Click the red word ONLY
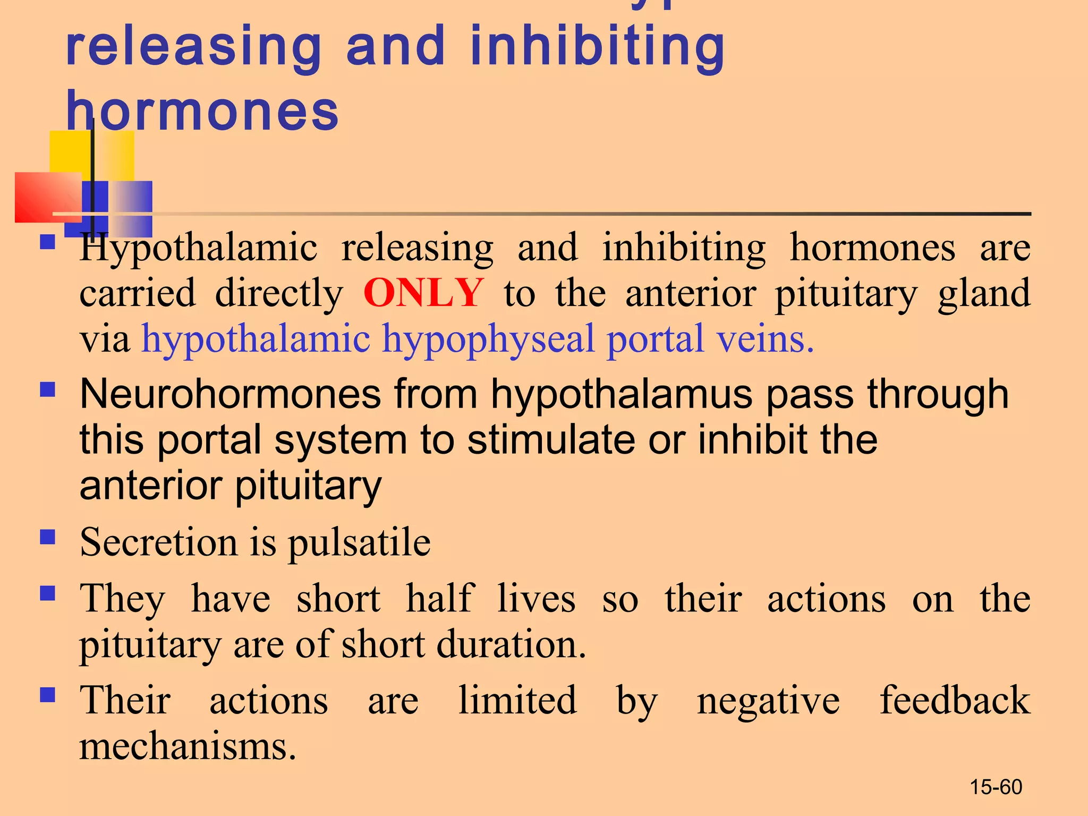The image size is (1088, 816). coord(423,293)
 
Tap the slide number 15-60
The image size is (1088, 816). coord(996,787)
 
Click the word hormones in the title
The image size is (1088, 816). coord(202,111)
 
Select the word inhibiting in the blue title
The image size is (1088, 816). coord(597,48)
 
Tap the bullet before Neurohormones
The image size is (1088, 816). coord(48,390)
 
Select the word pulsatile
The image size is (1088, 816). coord(359,543)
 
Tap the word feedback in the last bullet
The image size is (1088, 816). coord(955,700)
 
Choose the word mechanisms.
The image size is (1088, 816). coord(187,746)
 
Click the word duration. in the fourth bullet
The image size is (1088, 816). coord(511,644)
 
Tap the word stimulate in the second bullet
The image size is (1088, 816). coord(551,440)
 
